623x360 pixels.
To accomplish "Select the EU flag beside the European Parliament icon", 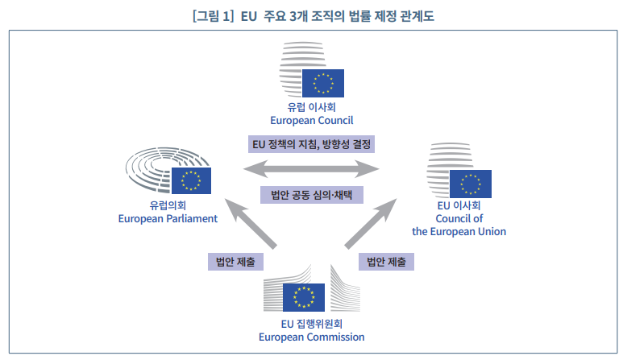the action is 191,182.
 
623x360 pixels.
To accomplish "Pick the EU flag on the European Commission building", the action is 304,298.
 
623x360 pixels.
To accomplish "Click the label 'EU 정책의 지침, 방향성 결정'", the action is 311,144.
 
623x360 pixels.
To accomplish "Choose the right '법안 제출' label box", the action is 386,261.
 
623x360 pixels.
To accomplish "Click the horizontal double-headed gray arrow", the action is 312,169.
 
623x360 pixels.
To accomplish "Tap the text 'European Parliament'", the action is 168,218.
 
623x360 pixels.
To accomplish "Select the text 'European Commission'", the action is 311,337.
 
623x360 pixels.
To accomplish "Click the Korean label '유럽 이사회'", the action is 311,107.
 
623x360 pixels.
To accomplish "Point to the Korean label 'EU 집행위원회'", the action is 311,324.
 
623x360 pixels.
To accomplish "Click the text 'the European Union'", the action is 459,231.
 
